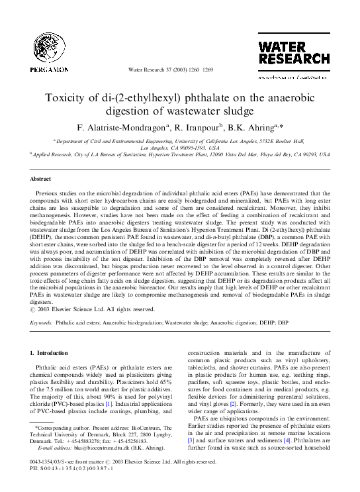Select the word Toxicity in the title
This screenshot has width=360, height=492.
click(x=66, y=98)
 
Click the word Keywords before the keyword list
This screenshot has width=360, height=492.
click(x=41, y=322)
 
